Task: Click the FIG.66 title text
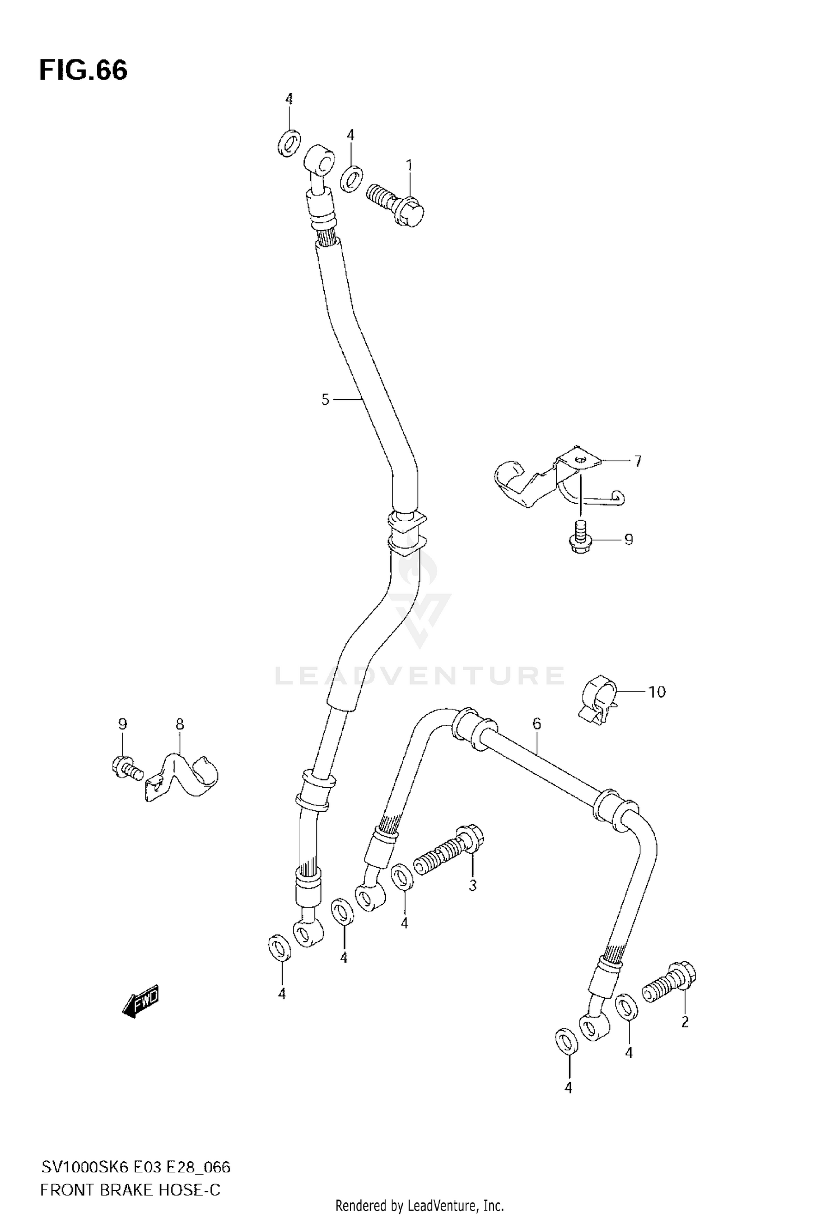[x=83, y=71]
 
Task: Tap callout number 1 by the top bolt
[x=409, y=165]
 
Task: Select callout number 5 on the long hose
[x=325, y=400]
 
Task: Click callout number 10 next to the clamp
[x=656, y=692]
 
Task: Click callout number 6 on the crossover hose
[x=536, y=724]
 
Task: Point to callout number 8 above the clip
[x=180, y=724]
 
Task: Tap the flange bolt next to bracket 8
[x=125, y=765]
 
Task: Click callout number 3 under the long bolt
[x=473, y=886]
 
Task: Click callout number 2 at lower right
[x=684, y=1022]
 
